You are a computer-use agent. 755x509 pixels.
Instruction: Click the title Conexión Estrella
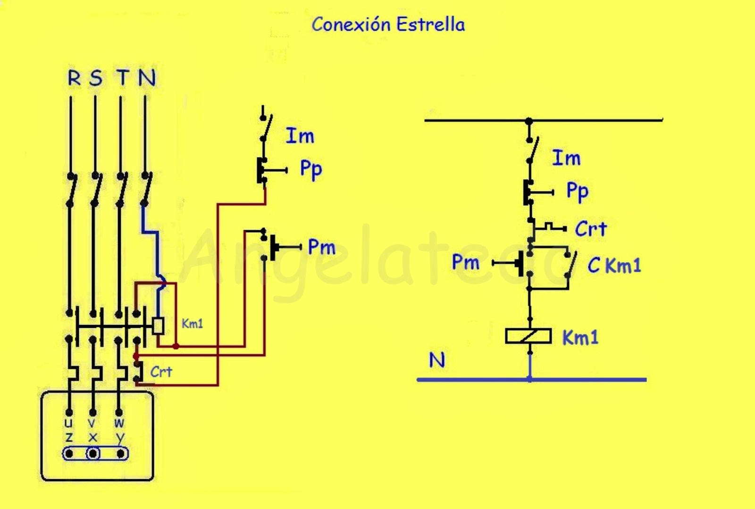pyautogui.click(x=388, y=24)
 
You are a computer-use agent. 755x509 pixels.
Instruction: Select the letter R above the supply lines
pyautogui.click(x=74, y=78)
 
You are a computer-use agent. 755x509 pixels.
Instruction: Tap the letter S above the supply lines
pyautogui.click(x=96, y=78)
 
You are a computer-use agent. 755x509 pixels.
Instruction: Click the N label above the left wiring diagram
pyautogui.click(x=147, y=78)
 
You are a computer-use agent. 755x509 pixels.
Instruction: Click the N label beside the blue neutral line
pyautogui.click(x=437, y=360)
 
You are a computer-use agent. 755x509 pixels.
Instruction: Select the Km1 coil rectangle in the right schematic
pyautogui.click(x=528, y=336)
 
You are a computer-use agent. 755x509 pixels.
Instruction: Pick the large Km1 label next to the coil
pyautogui.click(x=580, y=337)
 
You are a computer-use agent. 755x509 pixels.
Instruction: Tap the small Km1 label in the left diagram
pyautogui.click(x=192, y=324)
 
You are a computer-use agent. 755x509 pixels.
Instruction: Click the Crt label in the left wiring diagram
pyautogui.click(x=161, y=372)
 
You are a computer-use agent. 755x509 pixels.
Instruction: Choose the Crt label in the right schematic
pyautogui.click(x=591, y=229)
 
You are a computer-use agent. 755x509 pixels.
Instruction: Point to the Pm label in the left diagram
pyautogui.click(x=322, y=247)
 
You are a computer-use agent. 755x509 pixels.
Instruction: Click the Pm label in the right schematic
pyautogui.click(x=465, y=262)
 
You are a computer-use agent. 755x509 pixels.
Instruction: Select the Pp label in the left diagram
pyautogui.click(x=311, y=169)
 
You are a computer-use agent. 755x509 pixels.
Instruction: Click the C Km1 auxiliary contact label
pyautogui.click(x=614, y=265)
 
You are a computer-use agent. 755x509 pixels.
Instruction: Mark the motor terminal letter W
pyautogui.click(x=119, y=423)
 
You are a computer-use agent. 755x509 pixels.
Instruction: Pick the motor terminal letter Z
pyautogui.click(x=69, y=438)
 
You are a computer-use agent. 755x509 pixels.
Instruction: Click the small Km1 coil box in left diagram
pyautogui.click(x=158, y=326)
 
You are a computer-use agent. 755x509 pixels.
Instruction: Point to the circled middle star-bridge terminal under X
pyautogui.click(x=93, y=454)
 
